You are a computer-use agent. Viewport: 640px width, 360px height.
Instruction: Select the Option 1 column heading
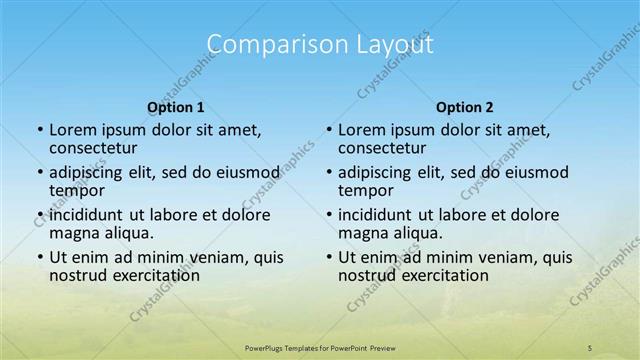(x=176, y=107)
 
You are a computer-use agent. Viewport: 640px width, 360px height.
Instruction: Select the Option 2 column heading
(x=465, y=107)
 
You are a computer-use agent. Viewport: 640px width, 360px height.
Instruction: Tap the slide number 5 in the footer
(x=590, y=347)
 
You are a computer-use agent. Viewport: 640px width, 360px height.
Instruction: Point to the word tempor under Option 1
(x=75, y=190)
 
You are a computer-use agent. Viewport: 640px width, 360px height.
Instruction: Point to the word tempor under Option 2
(x=364, y=190)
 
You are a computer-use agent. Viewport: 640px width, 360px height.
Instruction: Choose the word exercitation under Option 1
(x=146, y=275)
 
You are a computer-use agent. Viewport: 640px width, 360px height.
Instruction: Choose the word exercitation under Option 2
(x=435, y=275)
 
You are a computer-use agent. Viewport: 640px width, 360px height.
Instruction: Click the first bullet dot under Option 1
(x=39, y=130)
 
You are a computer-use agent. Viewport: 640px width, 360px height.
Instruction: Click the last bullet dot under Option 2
(x=328, y=257)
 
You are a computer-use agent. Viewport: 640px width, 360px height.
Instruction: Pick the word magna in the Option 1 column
(x=73, y=233)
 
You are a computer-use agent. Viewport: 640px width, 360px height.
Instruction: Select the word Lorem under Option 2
(x=360, y=130)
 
